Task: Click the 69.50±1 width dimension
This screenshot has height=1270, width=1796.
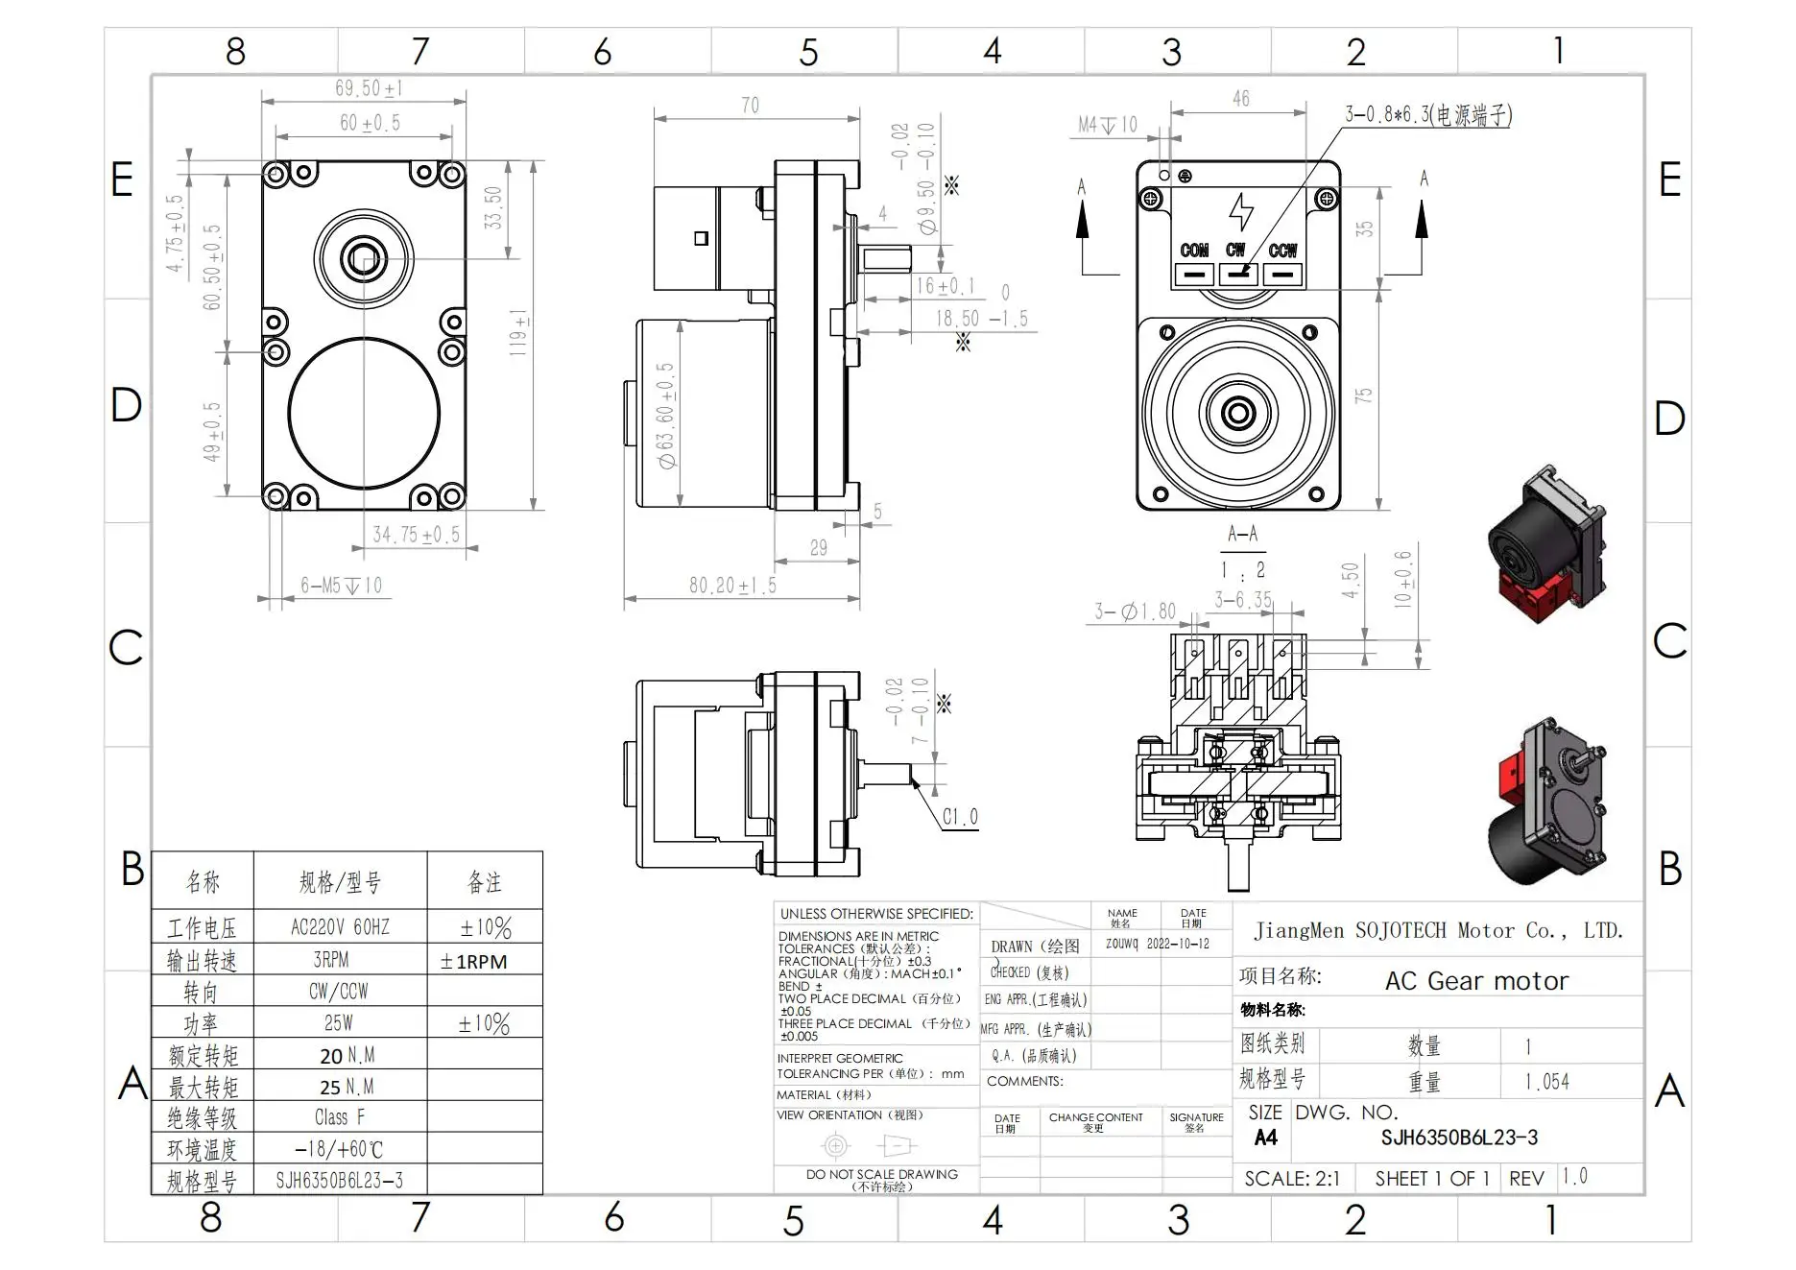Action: point(369,89)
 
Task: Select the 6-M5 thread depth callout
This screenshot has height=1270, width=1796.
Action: point(341,586)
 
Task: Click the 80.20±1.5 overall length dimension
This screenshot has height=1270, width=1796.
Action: point(732,586)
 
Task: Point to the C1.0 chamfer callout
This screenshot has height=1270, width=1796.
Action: point(959,817)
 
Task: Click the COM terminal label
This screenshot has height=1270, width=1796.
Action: point(1194,251)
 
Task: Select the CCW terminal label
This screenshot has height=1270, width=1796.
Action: point(1282,251)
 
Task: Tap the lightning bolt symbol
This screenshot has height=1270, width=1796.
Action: point(1241,212)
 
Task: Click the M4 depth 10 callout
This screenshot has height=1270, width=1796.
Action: point(1107,125)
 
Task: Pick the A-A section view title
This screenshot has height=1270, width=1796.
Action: point(1242,534)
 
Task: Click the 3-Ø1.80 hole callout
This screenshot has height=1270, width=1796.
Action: point(1135,611)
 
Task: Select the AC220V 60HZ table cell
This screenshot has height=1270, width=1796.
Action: point(340,927)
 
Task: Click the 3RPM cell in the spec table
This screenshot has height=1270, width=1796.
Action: point(331,960)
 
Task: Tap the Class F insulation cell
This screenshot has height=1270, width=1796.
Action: point(340,1117)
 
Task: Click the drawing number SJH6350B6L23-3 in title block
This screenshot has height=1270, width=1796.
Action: point(1458,1138)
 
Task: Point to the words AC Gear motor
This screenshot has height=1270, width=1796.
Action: point(1476,981)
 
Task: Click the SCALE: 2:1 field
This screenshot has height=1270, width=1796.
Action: point(1291,1179)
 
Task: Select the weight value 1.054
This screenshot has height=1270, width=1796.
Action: point(1546,1082)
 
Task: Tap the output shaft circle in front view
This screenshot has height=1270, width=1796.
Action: point(364,258)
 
